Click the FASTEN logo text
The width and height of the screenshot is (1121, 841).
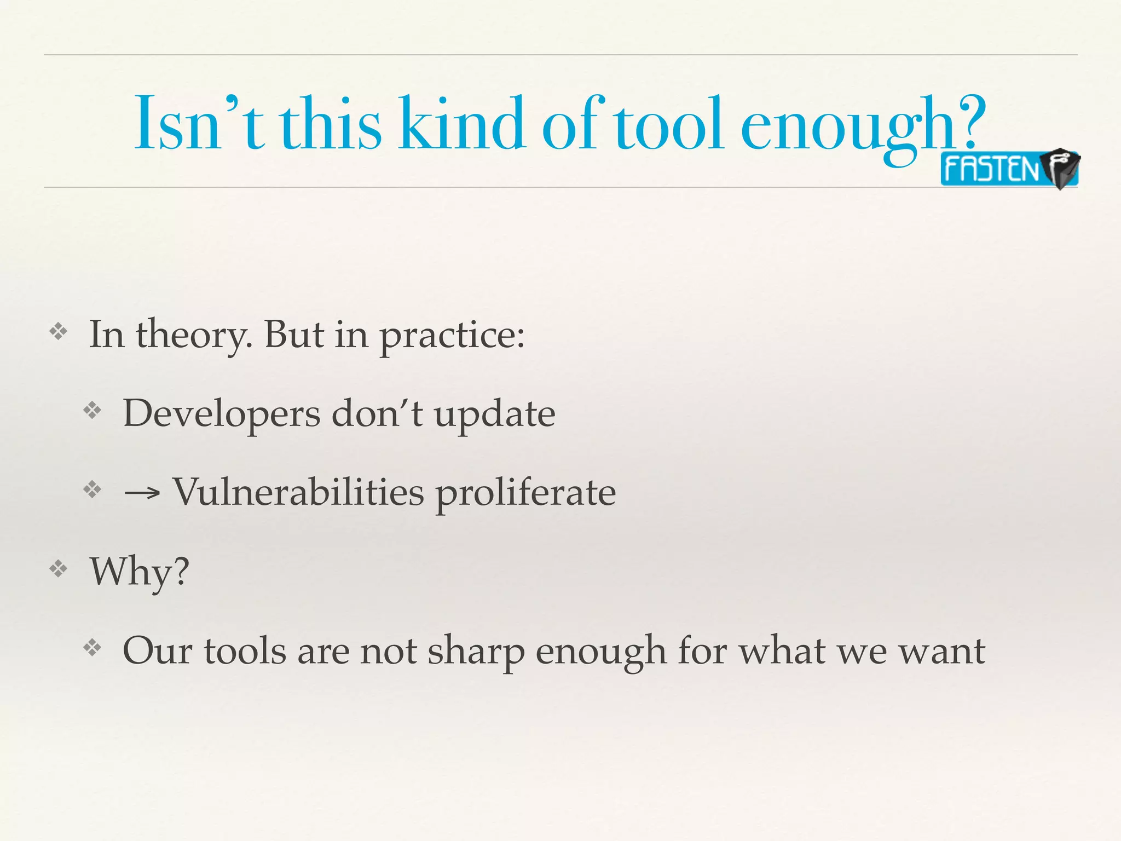pyautogui.click(x=991, y=169)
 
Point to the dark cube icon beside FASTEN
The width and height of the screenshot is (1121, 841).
pyautogui.click(x=1061, y=168)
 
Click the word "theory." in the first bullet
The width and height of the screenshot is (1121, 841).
pyautogui.click(x=194, y=335)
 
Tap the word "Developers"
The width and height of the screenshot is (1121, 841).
pyautogui.click(x=221, y=414)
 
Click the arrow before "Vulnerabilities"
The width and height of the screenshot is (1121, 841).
pyautogui.click(x=142, y=493)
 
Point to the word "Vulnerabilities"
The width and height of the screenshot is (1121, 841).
pyautogui.click(x=298, y=492)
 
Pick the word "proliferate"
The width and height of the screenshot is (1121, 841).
pyautogui.click(x=525, y=493)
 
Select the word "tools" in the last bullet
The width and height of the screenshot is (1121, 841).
pyautogui.click(x=245, y=652)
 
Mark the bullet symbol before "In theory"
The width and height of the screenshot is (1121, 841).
pyautogui.click(x=58, y=331)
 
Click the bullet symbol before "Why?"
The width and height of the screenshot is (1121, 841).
pyautogui.click(x=58, y=569)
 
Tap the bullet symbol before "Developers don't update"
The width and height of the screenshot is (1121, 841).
pyautogui.click(x=93, y=411)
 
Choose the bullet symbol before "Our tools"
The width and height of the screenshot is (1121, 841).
pyautogui.click(x=93, y=649)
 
